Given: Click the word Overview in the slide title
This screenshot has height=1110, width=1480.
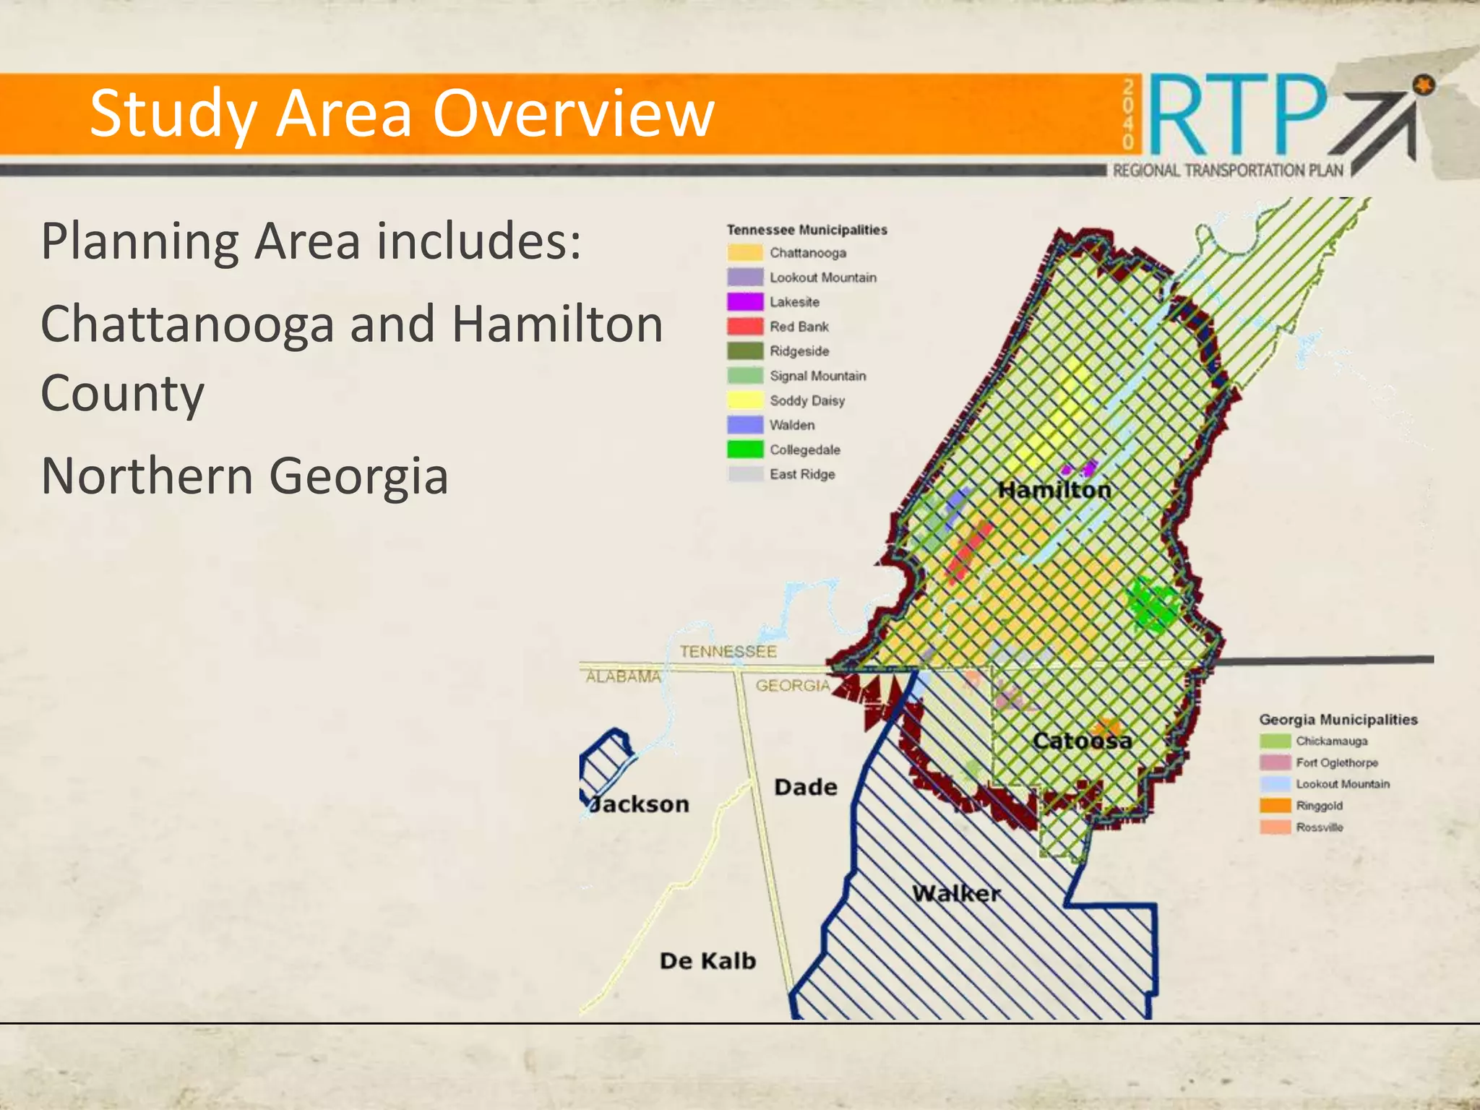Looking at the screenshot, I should [x=573, y=113].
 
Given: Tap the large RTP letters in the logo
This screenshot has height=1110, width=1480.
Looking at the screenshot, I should [x=1237, y=116].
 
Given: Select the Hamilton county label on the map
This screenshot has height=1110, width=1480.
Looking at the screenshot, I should [x=1054, y=490].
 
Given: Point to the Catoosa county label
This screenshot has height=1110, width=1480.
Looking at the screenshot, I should [x=1082, y=741].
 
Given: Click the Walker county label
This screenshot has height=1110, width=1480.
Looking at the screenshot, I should [x=956, y=893].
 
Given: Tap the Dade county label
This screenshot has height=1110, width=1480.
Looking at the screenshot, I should [x=805, y=787].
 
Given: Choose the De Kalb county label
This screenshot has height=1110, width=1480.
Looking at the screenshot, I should [x=707, y=960].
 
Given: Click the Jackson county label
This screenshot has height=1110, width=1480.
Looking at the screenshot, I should [x=640, y=804].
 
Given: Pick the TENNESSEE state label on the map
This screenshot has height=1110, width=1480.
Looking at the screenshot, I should [x=728, y=651].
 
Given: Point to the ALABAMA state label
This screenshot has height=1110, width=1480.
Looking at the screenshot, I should [x=623, y=677].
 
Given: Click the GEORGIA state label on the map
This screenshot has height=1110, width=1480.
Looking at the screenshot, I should [x=793, y=685].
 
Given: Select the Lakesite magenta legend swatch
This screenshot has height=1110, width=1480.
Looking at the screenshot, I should [x=745, y=301].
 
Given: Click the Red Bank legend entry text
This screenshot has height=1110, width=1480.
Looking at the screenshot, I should [x=799, y=327].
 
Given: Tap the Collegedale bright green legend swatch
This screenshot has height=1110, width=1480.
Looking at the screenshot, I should [x=745, y=449].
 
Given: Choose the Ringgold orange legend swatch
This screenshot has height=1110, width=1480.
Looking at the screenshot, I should [x=1275, y=805].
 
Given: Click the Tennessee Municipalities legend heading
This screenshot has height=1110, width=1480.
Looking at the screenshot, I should [x=806, y=230].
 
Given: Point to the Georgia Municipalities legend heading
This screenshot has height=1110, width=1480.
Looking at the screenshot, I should [x=1338, y=719].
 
